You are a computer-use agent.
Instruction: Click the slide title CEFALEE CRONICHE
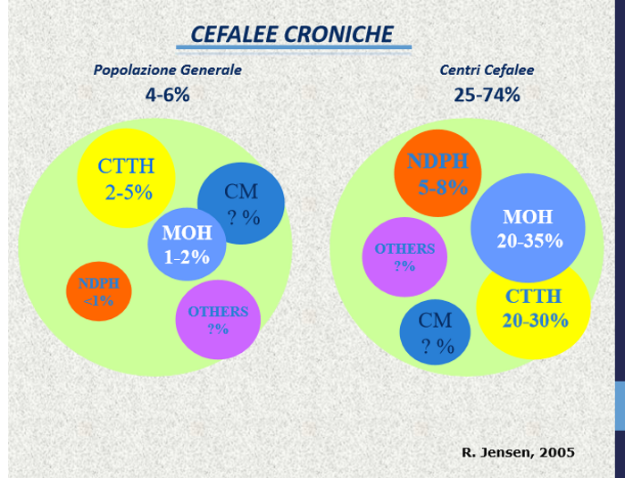(292, 34)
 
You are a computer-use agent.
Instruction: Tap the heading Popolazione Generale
(168, 70)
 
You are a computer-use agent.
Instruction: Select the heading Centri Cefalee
(487, 70)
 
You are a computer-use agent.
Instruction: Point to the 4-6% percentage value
(168, 94)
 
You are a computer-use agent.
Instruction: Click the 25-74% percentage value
(487, 94)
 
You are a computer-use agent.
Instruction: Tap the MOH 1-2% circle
(187, 245)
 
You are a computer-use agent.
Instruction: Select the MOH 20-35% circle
(528, 228)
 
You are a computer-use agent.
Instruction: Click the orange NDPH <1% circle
(98, 291)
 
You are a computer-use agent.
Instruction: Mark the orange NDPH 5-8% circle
(437, 173)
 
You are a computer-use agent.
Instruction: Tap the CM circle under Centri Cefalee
(435, 332)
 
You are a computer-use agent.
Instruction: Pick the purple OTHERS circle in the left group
(218, 319)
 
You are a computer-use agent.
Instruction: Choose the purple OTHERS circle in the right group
(404, 256)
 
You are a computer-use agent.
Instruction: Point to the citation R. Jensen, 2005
(518, 452)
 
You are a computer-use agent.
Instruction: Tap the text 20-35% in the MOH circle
(530, 240)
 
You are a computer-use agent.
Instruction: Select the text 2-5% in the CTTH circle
(129, 192)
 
